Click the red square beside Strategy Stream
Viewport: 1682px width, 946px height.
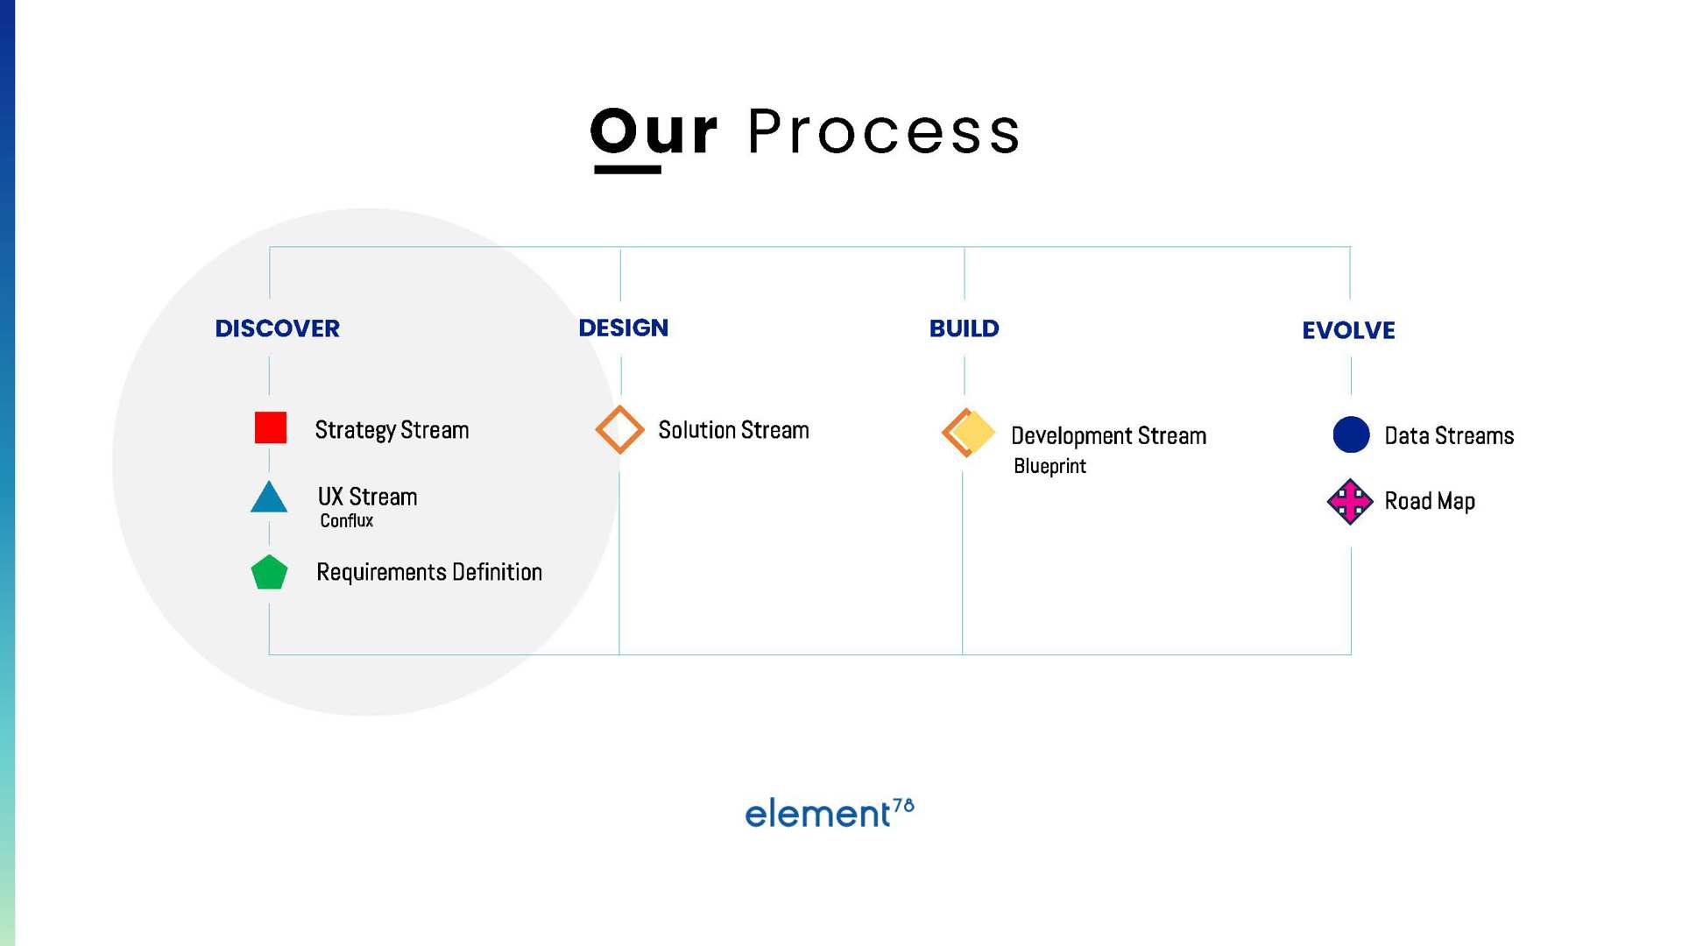(270, 427)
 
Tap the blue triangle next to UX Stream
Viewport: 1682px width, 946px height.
(269, 497)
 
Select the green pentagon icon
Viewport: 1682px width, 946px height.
(269, 572)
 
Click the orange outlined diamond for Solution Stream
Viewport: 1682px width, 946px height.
(619, 429)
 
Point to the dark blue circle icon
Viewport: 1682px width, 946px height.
(1351, 434)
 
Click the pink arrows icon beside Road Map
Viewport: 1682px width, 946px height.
(1350, 501)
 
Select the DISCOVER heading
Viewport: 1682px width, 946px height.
(277, 328)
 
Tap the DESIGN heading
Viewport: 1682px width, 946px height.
(623, 328)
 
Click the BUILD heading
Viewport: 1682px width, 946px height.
(964, 328)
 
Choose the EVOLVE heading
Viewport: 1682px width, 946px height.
(1348, 330)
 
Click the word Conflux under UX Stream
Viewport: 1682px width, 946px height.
(346, 520)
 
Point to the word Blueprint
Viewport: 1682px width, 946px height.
(1049, 466)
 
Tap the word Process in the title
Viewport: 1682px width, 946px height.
(884, 131)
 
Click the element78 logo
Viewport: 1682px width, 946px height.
(830, 813)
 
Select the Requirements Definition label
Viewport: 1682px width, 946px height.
(429, 573)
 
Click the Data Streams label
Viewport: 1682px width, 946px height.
(1449, 436)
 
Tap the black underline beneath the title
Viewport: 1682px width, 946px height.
(627, 169)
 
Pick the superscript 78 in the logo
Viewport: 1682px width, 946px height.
(903, 806)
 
